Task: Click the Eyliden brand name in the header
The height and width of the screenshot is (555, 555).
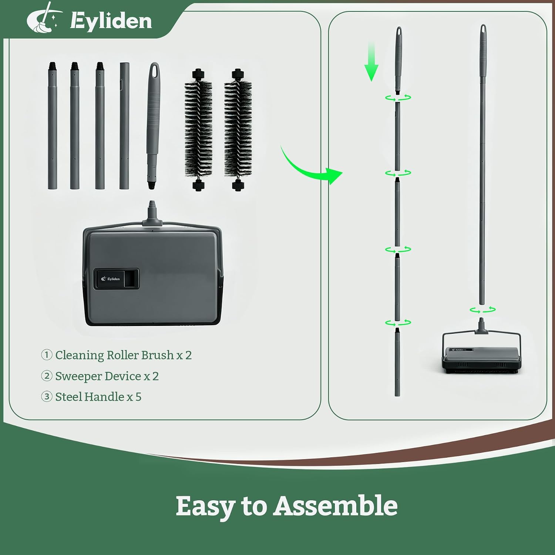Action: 111,20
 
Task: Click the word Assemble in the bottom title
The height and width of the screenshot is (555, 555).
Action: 335,506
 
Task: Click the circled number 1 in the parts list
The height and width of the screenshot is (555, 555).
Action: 47,355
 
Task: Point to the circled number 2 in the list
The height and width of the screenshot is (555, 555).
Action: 47,376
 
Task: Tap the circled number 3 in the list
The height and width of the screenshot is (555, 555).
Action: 47,397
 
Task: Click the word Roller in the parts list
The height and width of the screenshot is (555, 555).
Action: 122,355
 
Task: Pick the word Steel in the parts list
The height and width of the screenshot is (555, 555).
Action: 68,397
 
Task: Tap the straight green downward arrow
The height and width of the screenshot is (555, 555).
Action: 371,61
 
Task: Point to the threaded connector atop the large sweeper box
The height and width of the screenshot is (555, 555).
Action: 152,213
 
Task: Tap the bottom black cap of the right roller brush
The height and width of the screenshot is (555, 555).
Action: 238,185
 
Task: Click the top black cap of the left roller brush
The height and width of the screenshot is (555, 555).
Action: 199,74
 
